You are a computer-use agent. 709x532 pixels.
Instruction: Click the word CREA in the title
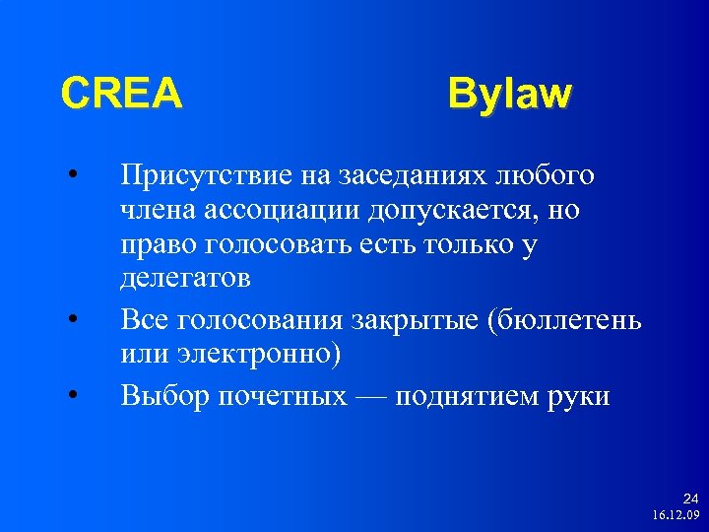coord(121,95)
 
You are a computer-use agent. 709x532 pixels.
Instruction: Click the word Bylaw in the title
coord(508,95)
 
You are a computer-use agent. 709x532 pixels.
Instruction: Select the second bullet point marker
coord(73,319)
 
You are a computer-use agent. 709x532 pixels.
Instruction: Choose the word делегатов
coord(185,279)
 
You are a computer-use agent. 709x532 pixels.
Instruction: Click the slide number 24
coord(690,499)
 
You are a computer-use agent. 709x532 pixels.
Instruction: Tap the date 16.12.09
coord(676,515)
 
